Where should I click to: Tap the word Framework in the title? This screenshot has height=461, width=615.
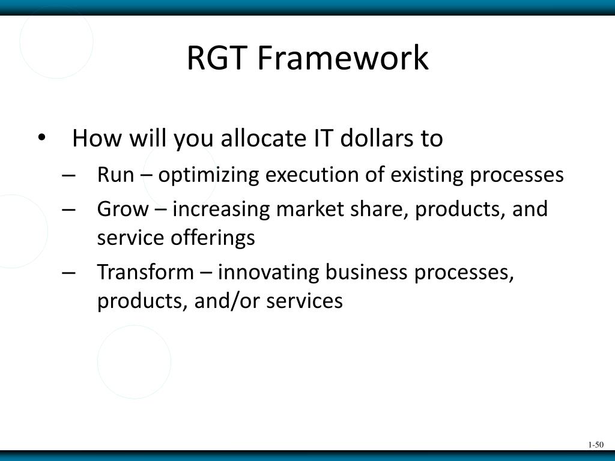[x=344, y=58]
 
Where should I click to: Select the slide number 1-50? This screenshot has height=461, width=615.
[x=595, y=445]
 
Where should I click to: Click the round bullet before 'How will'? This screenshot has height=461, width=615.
[x=41, y=137]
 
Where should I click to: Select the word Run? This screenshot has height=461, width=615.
[x=115, y=175]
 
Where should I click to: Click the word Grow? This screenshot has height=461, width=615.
[x=122, y=209]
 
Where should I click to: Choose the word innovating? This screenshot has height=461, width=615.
[x=268, y=273]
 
